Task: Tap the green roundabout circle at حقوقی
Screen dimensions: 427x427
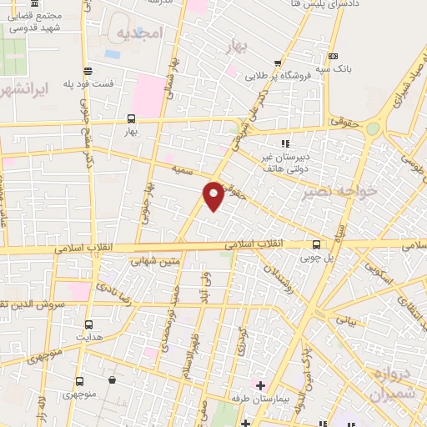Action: coord(372,128)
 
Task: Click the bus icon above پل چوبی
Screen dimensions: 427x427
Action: coord(315,244)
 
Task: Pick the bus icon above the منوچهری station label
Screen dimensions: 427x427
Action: coord(80,380)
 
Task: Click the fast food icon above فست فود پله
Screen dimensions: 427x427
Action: coord(88,71)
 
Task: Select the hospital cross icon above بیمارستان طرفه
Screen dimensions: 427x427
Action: coord(260,385)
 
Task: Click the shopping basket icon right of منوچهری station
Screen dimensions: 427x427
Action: coord(112,380)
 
